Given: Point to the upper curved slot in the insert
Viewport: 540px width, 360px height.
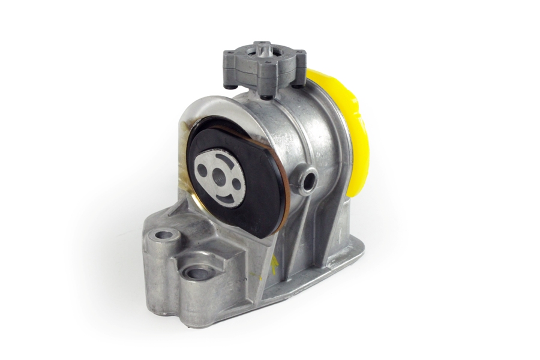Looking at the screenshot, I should click(223, 158).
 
